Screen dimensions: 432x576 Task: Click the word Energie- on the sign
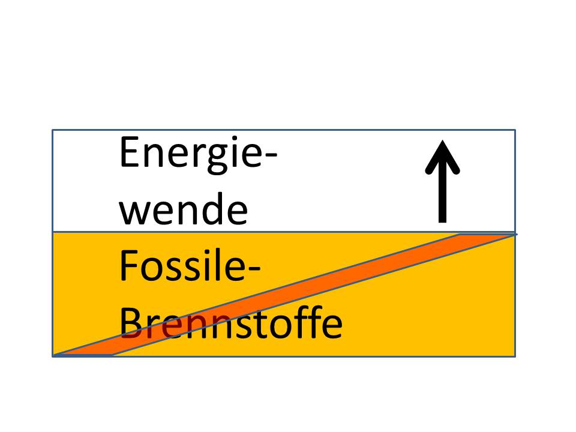click(x=198, y=154)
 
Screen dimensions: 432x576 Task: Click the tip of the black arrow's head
click(x=443, y=142)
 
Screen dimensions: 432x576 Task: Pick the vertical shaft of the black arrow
click(x=443, y=192)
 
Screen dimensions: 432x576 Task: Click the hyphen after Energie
click(x=269, y=158)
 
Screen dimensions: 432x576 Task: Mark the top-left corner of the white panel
click(x=53, y=130)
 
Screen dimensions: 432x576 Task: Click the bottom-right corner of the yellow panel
click(x=515, y=355)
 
